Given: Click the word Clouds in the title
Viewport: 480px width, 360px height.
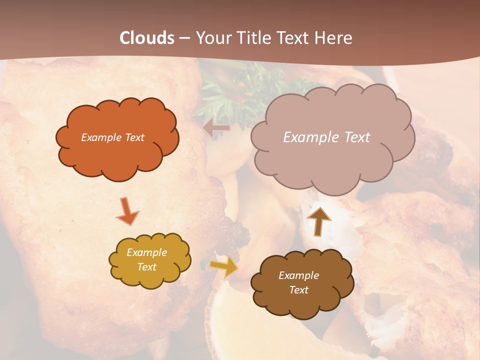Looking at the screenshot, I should pos(147,38).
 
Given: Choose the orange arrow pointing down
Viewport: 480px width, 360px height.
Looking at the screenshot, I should pos(127,211).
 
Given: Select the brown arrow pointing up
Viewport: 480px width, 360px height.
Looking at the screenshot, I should pos(318,220).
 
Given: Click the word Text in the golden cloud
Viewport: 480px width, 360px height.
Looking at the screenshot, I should pos(147,267).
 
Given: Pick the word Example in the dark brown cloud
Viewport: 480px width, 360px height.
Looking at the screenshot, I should pos(298,275).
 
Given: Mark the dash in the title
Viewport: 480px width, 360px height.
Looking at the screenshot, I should pos(184,38).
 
